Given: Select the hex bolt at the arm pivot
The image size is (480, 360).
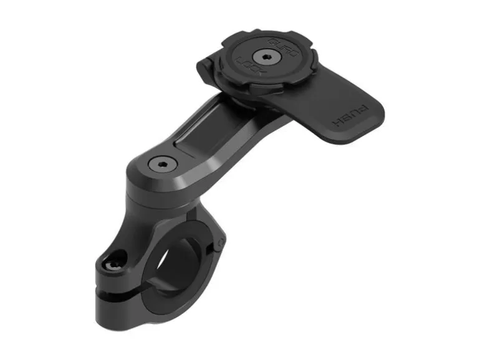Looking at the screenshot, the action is tap(161, 164).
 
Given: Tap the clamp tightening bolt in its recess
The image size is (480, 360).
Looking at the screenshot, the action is tap(112, 264).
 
